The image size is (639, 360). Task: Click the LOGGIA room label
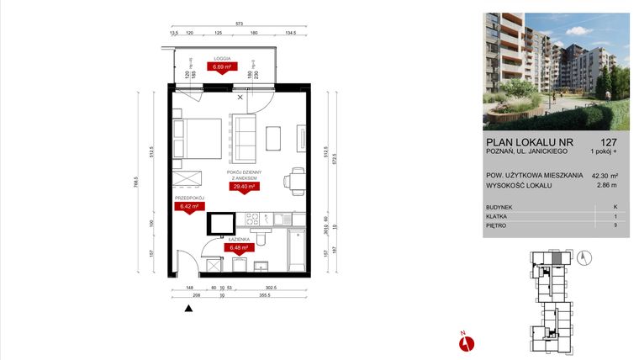(x=223, y=58)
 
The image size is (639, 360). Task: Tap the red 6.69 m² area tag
(x=223, y=67)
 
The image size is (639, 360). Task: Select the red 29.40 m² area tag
(x=246, y=187)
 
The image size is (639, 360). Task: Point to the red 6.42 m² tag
(x=187, y=205)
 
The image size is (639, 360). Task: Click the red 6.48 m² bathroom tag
(x=235, y=247)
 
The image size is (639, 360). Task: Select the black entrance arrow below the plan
(x=189, y=309)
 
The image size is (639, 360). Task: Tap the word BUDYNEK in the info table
(x=500, y=206)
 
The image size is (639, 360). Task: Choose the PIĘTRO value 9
(x=615, y=226)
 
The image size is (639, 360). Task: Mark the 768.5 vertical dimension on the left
(x=137, y=185)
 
